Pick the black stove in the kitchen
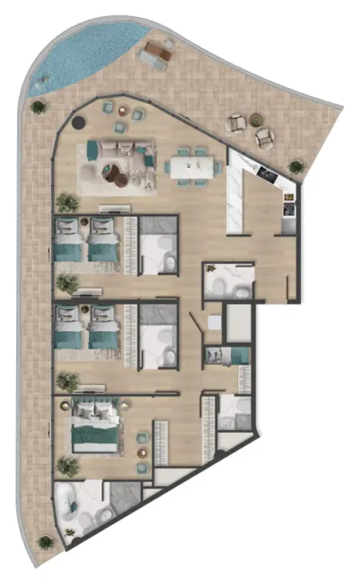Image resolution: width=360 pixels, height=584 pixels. pyautogui.click(x=267, y=175)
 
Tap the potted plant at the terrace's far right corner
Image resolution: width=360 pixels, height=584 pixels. pyautogui.click(x=296, y=167)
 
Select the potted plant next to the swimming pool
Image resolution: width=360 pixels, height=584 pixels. pyautogui.click(x=38, y=106)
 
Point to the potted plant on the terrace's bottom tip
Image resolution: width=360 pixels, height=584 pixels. pyautogui.click(x=46, y=543)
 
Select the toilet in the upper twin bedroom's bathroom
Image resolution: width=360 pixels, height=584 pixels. pyautogui.click(x=170, y=263)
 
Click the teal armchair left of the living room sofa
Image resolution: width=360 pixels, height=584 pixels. pyautogui.click(x=91, y=150)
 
